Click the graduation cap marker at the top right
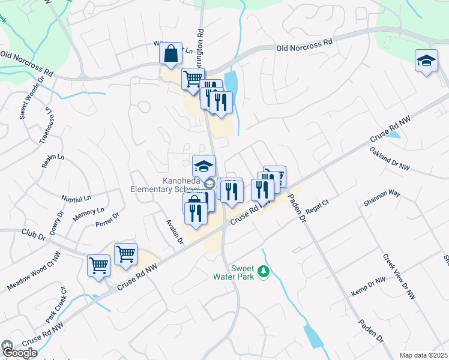pos(426,61)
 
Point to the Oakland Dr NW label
pos(389,158)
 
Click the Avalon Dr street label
pos(175,231)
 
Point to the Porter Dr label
pos(108,220)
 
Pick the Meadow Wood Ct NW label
pos(34,272)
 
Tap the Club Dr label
pos(34,238)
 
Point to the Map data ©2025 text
pos(423,355)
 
